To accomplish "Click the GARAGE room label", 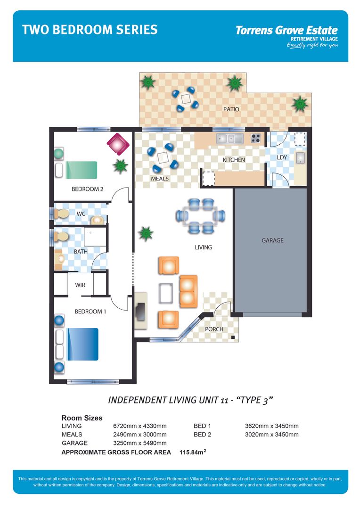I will pos(272,240).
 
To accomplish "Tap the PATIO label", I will pos(231,109).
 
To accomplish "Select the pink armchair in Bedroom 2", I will pos(117,143).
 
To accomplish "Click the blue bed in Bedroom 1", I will pos(82,344).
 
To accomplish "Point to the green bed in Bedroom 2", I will pos(81,170).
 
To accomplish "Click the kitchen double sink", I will pos(229,139).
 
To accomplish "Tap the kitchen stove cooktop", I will pos(256,139).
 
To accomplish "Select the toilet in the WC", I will pos(61,213).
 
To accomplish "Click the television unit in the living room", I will pos(140,311).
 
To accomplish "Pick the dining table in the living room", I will pos(201,216).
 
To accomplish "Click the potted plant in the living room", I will pos(146,233).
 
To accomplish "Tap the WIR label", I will pos(80,285).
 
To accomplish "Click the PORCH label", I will pos(214,329).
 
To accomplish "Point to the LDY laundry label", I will pos(282,157).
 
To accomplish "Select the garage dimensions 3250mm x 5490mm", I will pos(140,443).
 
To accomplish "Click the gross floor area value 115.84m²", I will pos(193,452).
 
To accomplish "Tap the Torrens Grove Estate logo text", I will pos(286,31).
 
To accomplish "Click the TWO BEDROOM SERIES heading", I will pos(90,30).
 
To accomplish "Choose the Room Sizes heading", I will pos(82,418).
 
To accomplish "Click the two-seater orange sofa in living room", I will pos(188,291).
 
